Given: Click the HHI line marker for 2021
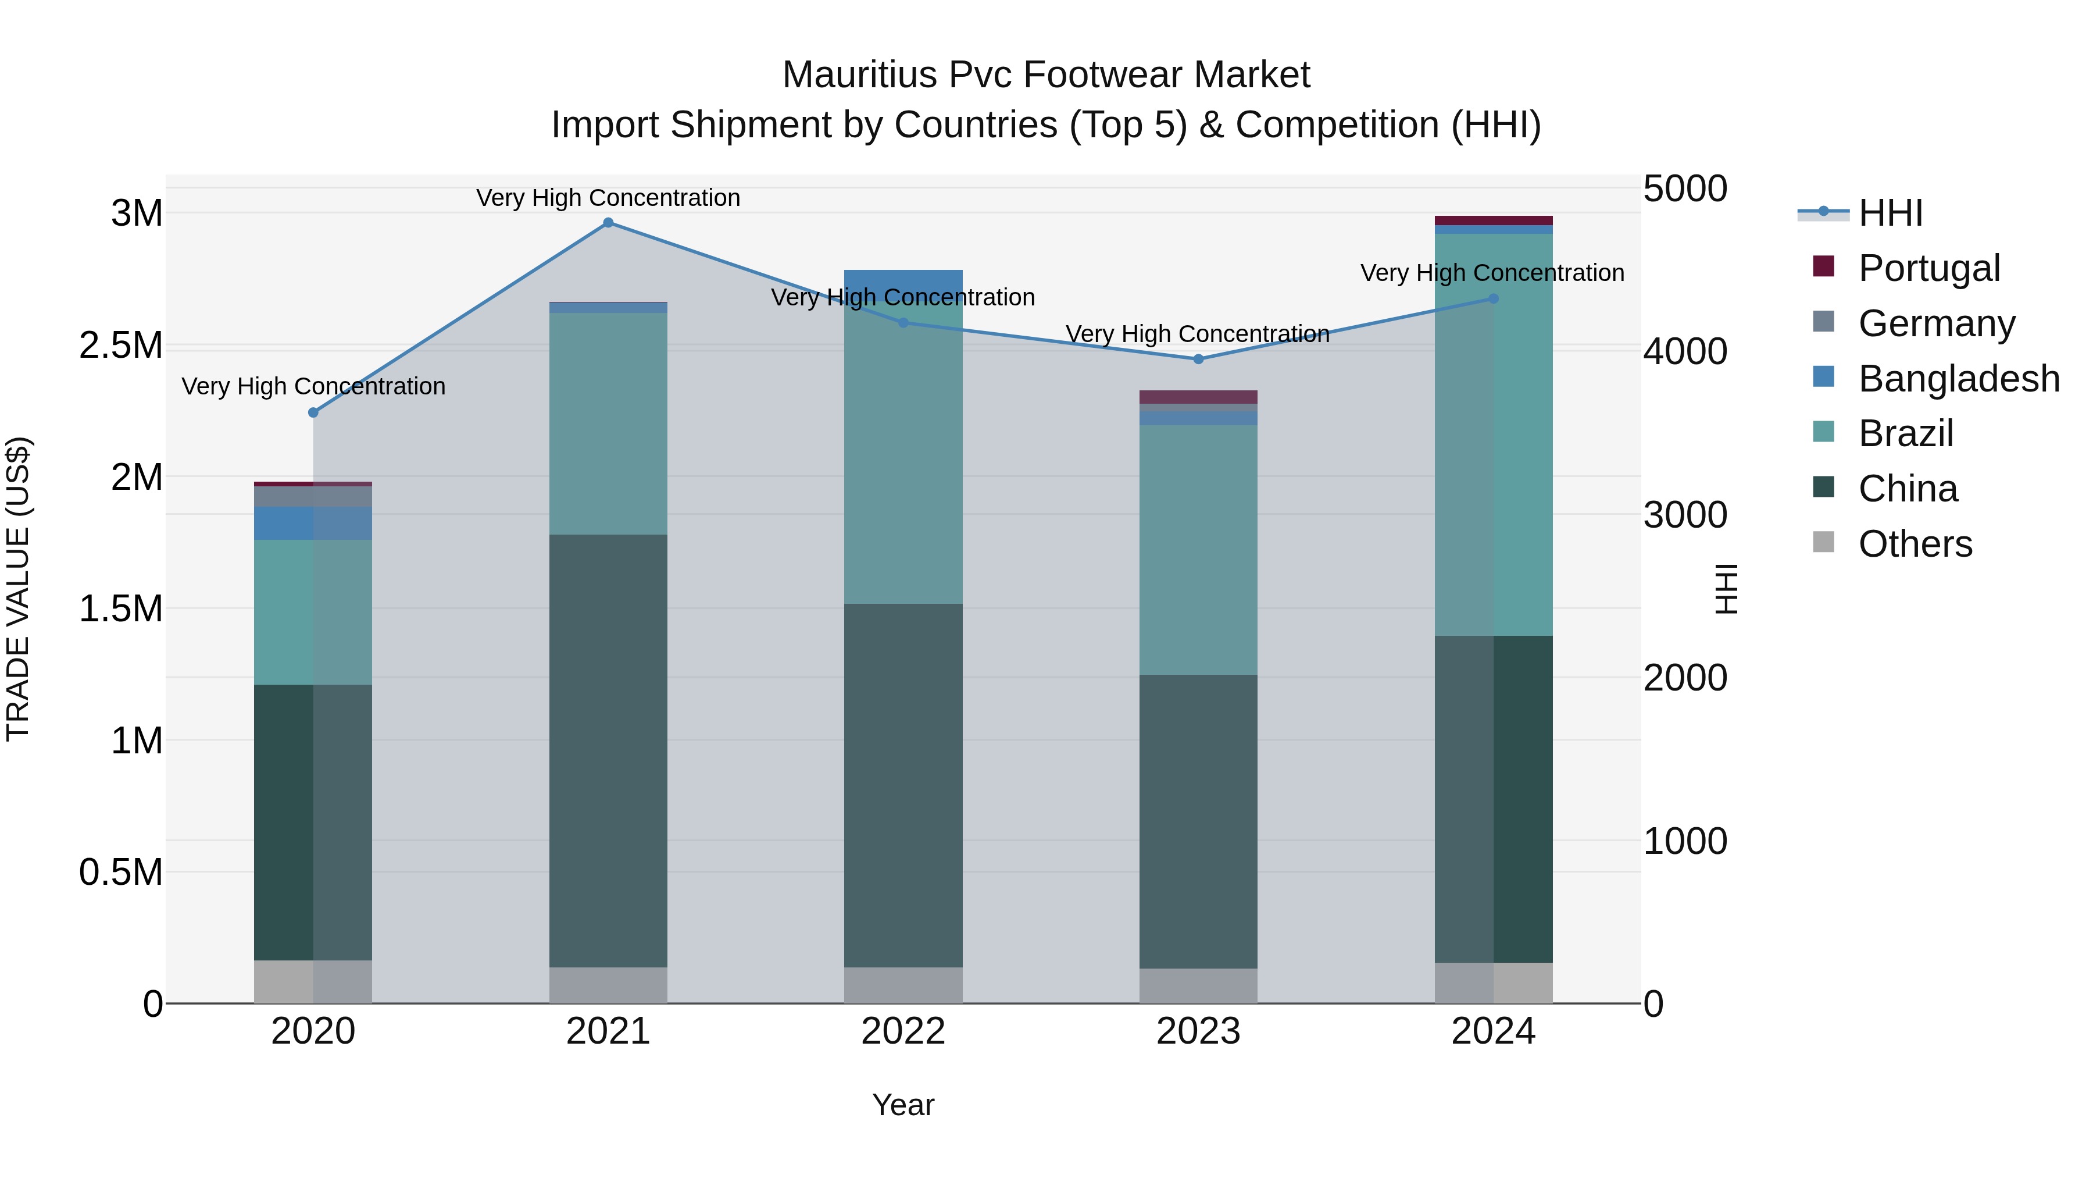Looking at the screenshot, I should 608,223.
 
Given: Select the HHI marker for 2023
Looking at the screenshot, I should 1198,358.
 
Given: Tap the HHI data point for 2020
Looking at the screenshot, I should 313,412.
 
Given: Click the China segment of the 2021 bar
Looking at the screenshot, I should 608,748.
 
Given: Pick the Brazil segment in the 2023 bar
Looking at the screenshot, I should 1198,549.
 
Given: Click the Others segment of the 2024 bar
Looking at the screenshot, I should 1494,982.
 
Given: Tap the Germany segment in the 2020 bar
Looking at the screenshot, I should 313,496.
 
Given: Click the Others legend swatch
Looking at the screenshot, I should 1824,542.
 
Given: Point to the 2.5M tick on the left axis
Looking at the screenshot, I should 120,346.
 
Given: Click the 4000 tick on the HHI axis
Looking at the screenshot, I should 1684,352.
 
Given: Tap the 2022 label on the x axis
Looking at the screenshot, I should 903,1031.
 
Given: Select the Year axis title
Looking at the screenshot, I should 903,1105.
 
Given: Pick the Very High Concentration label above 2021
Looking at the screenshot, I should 608,198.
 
